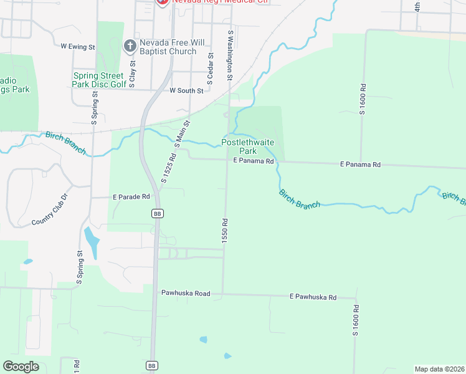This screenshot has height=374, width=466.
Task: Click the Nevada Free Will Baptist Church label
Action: click(168, 47)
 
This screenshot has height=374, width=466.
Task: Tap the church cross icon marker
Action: click(130, 45)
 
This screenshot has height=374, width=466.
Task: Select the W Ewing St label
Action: click(78, 46)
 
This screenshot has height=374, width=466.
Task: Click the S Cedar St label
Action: click(211, 68)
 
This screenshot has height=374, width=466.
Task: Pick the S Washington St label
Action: click(230, 56)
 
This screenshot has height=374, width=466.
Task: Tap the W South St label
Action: click(186, 90)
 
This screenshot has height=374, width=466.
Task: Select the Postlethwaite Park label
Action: click(248, 146)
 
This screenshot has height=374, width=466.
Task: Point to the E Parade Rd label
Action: click(131, 196)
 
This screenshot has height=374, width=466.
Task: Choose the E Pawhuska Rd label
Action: click(313, 297)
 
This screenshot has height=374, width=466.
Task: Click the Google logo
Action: click(21, 366)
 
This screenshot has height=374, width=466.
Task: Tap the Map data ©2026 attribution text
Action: click(439, 368)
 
